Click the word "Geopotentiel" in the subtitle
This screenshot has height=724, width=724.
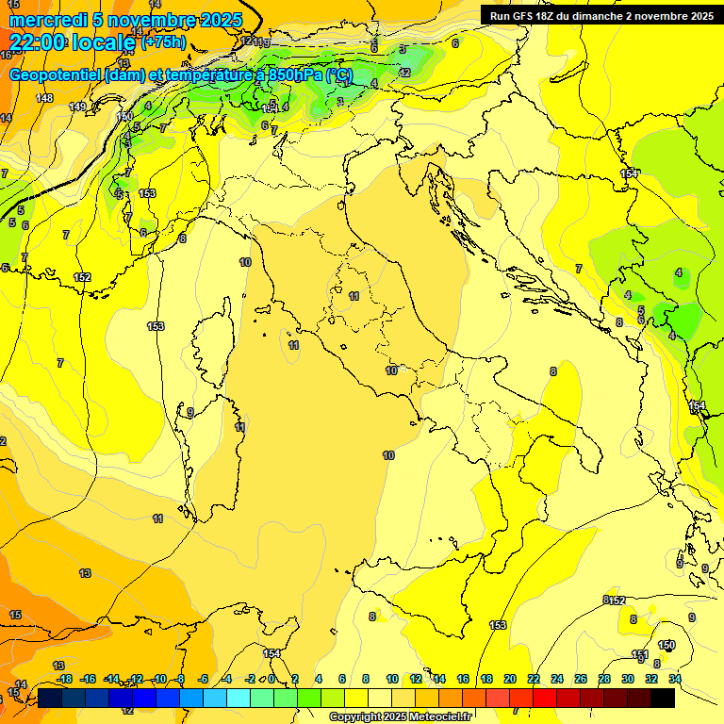click(55, 74)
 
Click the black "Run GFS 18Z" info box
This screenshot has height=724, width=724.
click(599, 15)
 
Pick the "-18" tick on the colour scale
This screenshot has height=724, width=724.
click(64, 680)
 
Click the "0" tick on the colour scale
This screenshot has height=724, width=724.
click(271, 680)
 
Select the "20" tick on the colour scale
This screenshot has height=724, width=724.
click(509, 680)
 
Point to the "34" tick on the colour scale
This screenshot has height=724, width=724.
click(675, 680)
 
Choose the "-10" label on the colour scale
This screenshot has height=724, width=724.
click(158, 680)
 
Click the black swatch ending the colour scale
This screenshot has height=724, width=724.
click(663, 698)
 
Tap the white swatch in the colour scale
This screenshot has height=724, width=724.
click(380, 698)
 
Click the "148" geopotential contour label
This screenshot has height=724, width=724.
click(44, 98)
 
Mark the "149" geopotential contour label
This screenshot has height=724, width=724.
click(77, 107)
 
